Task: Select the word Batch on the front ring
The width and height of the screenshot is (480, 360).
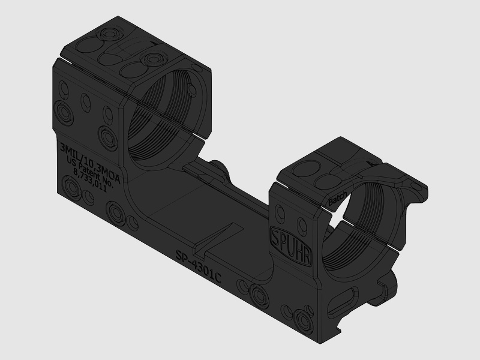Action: [x=338, y=200]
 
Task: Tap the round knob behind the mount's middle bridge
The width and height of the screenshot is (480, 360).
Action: [x=218, y=169]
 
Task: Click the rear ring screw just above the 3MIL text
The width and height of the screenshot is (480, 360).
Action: [x=109, y=137]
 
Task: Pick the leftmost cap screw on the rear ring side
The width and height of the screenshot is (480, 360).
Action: [x=63, y=110]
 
